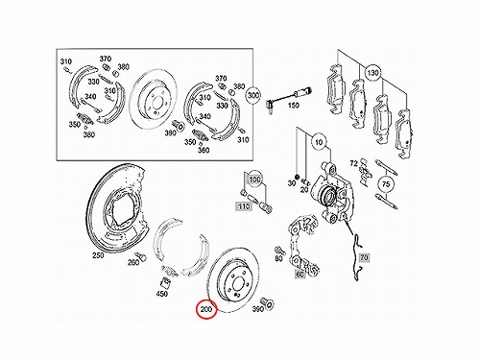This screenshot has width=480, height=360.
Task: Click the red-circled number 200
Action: click(x=206, y=309)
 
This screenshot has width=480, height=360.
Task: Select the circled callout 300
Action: click(x=253, y=95)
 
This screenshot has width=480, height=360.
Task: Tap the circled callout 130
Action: click(x=372, y=73)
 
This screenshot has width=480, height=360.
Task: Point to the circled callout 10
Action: click(x=319, y=142)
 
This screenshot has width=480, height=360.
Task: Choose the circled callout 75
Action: click(x=386, y=184)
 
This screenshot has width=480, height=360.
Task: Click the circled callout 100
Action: click(x=254, y=180)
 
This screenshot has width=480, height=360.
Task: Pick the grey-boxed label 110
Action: click(x=244, y=206)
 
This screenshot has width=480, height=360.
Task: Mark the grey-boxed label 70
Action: click(x=364, y=257)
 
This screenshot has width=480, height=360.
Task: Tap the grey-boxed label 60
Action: click(x=300, y=275)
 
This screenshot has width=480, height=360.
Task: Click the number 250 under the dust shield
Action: click(x=98, y=255)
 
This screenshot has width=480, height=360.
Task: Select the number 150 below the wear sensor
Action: click(x=293, y=105)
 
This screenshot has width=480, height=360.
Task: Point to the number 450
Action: click(x=161, y=293)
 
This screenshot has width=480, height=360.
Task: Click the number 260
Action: click(x=133, y=262)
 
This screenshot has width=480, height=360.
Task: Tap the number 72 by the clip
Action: click(x=353, y=163)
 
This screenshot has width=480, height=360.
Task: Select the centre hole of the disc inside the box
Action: click(x=156, y=104)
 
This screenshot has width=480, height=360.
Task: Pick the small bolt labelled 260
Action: click(x=140, y=256)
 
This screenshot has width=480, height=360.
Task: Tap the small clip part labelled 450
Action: click(x=165, y=283)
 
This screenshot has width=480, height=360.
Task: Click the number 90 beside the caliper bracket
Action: click(x=278, y=258)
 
